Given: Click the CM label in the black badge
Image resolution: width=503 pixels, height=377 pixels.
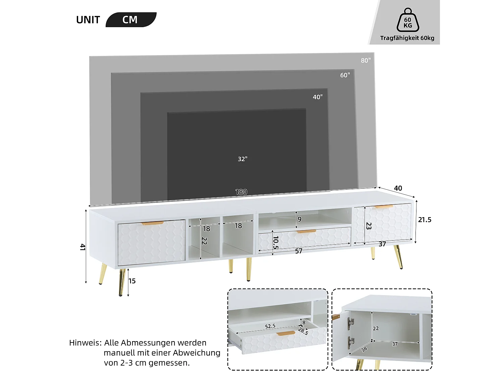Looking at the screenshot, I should (x=130, y=20).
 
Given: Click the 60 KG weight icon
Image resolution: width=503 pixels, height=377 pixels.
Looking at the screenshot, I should (x=408, y=21).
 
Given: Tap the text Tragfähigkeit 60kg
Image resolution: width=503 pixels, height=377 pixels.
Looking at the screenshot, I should (x=407, y=38).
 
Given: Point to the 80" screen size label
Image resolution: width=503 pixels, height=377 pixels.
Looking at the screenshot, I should (x=366, y=61).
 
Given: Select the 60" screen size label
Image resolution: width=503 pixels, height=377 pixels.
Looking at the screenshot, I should (x=345, y=75).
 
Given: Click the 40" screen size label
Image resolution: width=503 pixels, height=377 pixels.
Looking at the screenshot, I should (x=318, y=97).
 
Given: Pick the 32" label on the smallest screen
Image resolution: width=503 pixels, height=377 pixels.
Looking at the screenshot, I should (x=242, y=159).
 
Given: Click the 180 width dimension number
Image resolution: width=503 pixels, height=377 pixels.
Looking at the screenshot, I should (x=241, y=192).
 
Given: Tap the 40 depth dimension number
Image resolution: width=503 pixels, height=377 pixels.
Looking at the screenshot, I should (x=398, y=188).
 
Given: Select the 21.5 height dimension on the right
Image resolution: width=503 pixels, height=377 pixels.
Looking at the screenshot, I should (x=425, y=220).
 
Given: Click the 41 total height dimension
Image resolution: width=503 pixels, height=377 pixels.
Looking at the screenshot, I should (x=82, y=247).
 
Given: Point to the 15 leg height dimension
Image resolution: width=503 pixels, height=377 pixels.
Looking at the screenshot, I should (x=132, y=281).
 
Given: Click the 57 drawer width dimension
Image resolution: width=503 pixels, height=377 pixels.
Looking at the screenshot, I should (x=299, y=251).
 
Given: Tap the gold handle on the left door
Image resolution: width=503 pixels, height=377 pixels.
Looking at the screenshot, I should (x=153, y=223).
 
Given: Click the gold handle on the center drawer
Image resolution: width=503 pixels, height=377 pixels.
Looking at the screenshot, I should (x=306, y=231).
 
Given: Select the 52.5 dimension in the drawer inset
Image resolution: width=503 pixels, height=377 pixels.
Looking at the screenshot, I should (x=270, y=326).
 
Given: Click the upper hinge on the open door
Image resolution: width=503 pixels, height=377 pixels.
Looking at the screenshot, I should (x=350, y=323).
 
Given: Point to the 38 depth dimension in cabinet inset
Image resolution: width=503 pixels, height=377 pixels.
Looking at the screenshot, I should (x=364, y=349).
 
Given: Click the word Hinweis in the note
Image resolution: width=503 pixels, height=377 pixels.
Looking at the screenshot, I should (x=85, y=343).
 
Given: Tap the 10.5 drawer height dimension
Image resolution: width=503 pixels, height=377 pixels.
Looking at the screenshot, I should (x=276, y=242).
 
